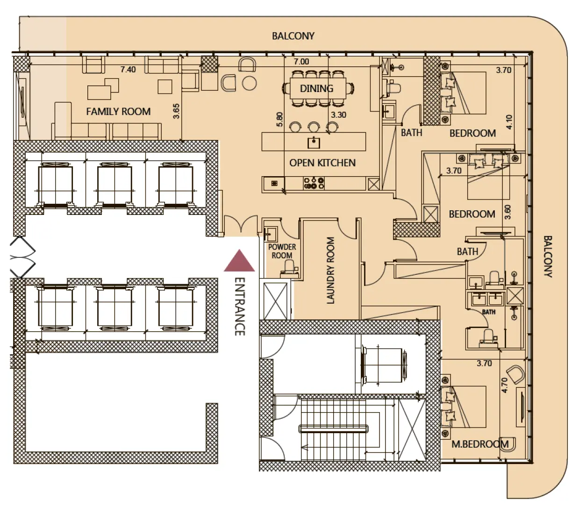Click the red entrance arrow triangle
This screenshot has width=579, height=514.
point(239,262)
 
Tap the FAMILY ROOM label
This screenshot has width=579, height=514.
point(118,112)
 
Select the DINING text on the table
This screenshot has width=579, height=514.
point(316,88)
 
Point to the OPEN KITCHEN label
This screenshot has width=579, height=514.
point(322,163)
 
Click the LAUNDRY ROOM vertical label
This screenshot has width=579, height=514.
point(331,271)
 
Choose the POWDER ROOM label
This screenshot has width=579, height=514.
point(282,251)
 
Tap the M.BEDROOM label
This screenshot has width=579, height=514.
point(480,444)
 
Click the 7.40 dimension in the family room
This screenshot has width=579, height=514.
point(128,70)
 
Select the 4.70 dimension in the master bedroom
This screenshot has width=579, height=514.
point(504,385)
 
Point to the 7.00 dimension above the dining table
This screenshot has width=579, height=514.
point(301,62)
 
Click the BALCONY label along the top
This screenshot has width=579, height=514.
point(293,36)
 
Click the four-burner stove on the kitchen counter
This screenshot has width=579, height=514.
point(314,183)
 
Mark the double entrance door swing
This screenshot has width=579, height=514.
point(241,224)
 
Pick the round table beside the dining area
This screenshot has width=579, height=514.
point(250,84)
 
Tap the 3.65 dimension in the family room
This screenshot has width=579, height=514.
point(176,111)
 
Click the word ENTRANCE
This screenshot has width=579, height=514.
point(239,307)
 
